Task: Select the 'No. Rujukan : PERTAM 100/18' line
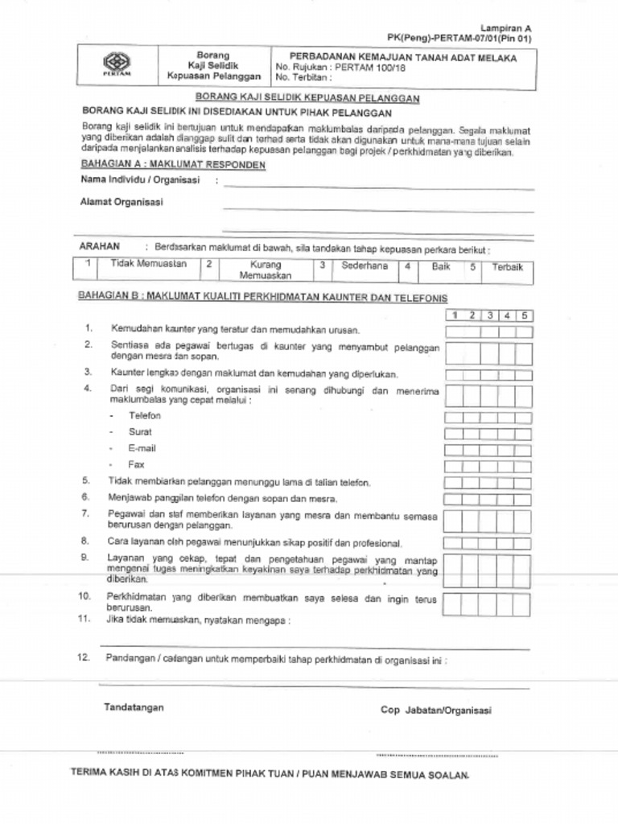343,68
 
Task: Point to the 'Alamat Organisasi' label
121,203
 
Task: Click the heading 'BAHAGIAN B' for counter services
262,297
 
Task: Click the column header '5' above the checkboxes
523,315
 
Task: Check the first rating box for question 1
454,332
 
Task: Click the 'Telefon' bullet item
145,416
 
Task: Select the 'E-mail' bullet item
142,448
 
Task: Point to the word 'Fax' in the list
136,464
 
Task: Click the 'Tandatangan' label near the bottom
134,707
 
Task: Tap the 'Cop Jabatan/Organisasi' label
435,711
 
